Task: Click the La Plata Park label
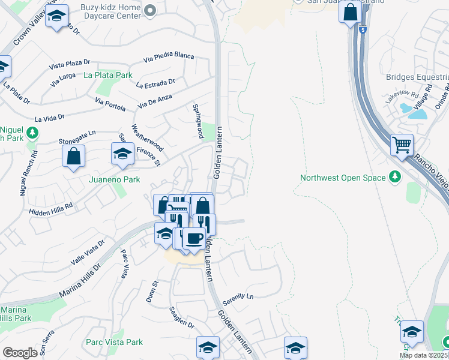(108, 76)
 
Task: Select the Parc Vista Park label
(114, 342)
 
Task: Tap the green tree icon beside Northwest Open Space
(395, 176)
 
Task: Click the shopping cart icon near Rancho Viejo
(402, 145)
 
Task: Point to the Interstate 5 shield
(363, 28)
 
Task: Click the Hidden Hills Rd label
(50, 208)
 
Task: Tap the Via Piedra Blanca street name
(169, 56)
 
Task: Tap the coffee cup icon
(193, 238)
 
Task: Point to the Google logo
(20, 353)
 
